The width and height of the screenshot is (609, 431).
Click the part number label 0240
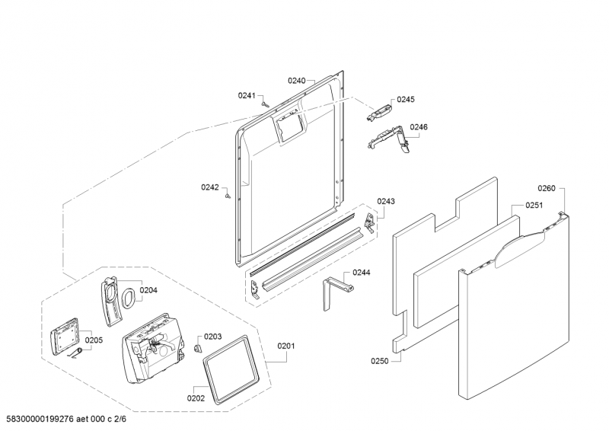point(296,81)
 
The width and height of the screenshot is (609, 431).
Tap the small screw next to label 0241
point(265,104)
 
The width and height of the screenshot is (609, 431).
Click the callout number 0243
point(386,201)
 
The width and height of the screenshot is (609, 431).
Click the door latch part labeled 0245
point(378,112)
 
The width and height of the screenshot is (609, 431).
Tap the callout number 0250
point(379,361)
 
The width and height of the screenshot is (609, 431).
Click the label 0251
point(534,205)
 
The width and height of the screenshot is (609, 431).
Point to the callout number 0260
point(547,189)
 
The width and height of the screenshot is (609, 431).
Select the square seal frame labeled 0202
point(231,369)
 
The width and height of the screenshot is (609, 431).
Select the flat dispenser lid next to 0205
point(65,336)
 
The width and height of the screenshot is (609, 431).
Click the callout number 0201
point(286,346)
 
